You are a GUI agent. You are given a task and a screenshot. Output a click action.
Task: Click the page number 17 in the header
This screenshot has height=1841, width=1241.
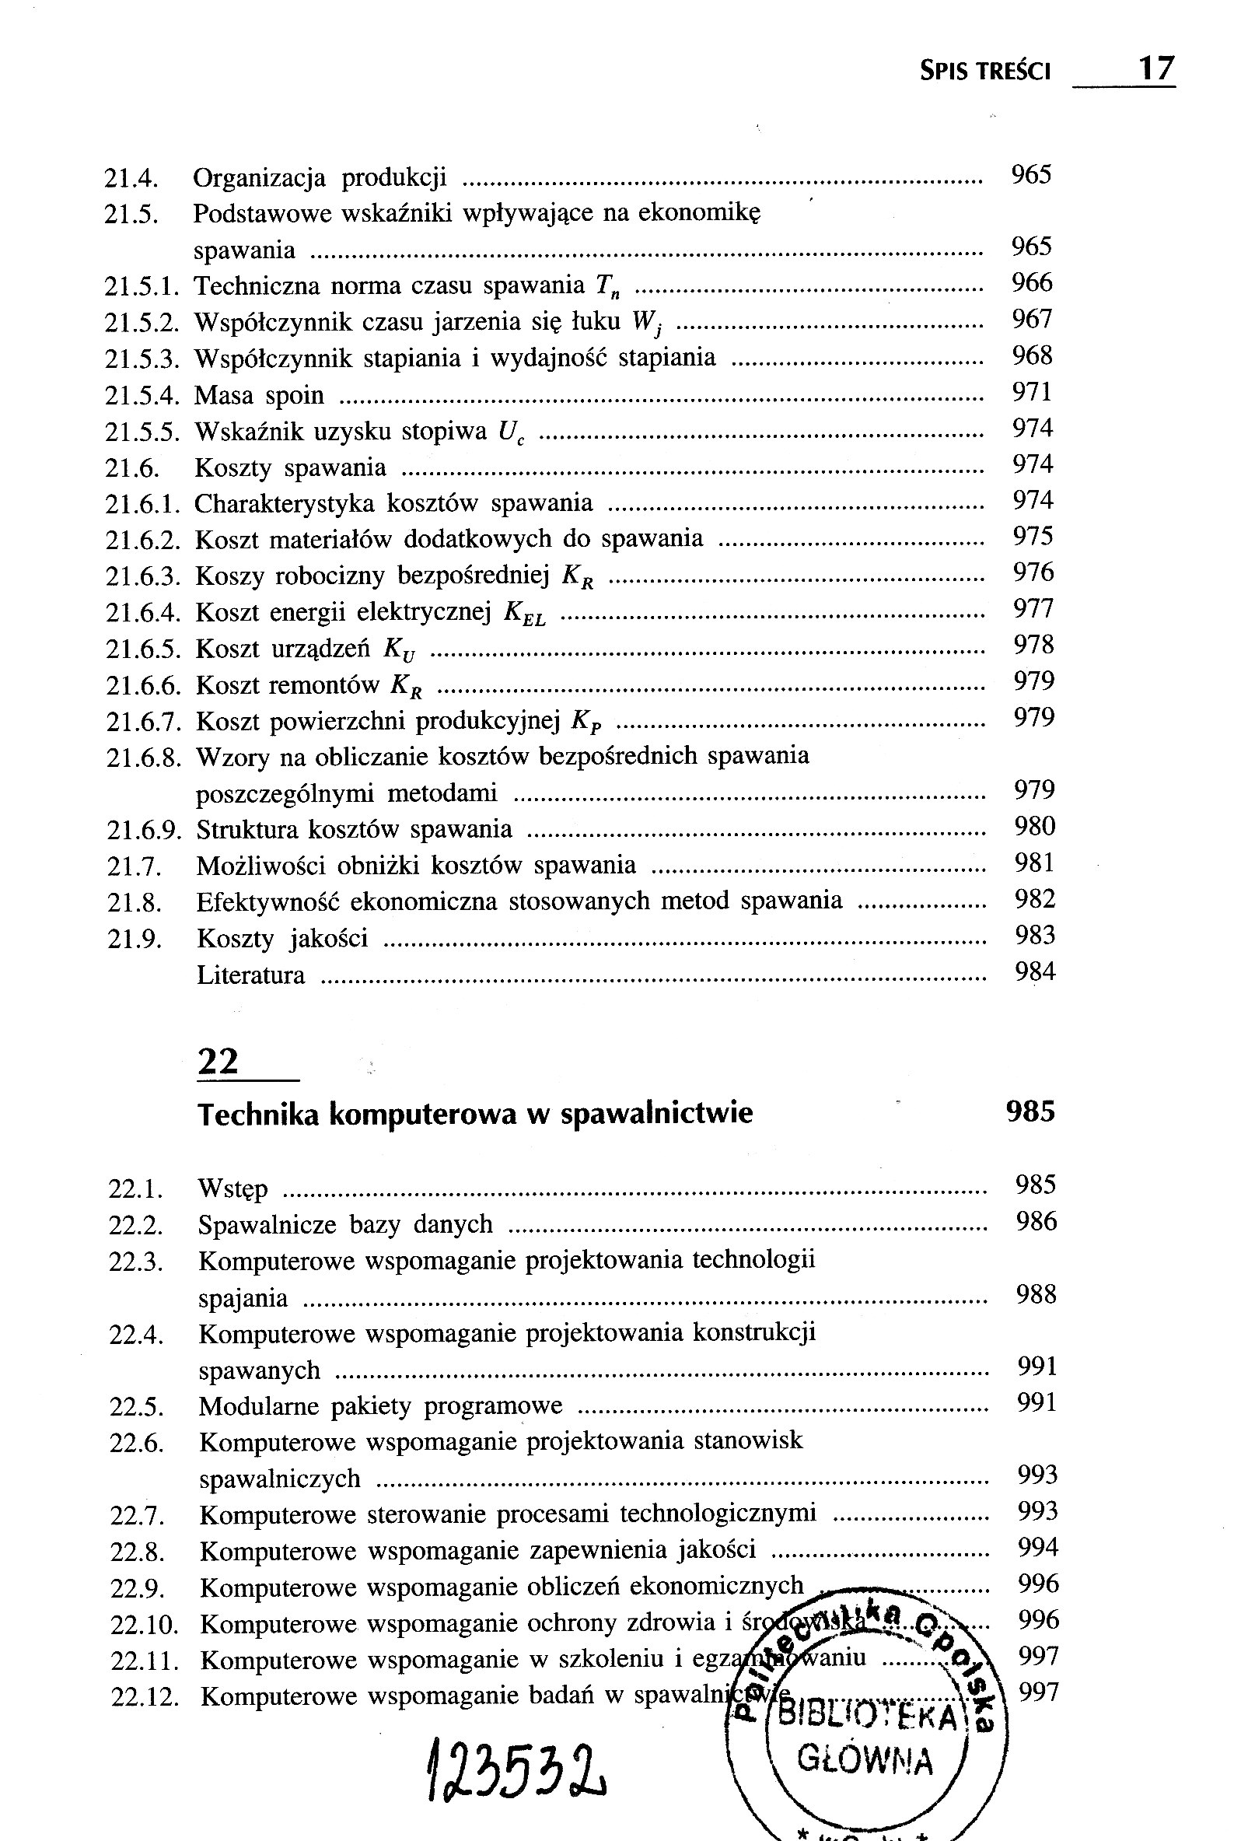click(x=1155, y=69)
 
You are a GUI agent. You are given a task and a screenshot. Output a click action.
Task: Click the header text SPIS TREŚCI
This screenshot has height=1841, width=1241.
click(x=984, y=72)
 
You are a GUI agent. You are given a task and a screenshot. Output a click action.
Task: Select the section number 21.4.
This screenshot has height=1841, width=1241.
click(x=131, y=178)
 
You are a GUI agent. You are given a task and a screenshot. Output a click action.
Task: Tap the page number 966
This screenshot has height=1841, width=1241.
click(x=1032, y=282)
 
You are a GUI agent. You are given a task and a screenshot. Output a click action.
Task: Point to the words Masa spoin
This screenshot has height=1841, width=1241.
click(x=259, y=395)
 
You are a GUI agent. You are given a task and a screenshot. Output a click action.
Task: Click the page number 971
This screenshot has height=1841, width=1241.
click(x=1032, y=392)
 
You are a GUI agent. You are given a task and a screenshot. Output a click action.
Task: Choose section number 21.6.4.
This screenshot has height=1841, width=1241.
click(x=144, y=613)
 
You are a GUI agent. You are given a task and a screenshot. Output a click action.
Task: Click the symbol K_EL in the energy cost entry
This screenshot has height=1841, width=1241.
click(x=525, y=614)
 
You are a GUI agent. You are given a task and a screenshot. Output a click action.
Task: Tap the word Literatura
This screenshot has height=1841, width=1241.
click(x=250, y=975)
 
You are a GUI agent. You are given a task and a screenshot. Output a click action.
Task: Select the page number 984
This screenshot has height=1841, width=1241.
click(x=1035, y=971)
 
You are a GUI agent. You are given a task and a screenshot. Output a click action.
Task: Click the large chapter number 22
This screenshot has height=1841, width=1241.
click(x=218, y=1062)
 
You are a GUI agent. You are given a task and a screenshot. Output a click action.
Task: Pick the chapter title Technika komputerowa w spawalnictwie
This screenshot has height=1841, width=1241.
click(x=475, y=1114)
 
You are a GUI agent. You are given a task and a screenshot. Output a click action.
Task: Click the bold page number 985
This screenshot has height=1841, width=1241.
click(x=1030, y=1112)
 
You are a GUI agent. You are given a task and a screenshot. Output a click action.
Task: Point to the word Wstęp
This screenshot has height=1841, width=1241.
click(x=232, y=1189)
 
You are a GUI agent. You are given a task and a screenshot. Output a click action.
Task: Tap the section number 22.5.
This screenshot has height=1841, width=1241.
click(x=135, y=1408)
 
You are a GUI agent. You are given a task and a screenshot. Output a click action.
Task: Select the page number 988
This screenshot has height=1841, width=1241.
click(x=1036, y=1295)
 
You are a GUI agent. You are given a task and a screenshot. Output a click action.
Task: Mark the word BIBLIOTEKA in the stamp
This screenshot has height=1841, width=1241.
click(x=868, y=1716)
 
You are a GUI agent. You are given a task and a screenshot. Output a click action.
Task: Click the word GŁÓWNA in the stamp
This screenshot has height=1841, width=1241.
click(x=865, y=1759)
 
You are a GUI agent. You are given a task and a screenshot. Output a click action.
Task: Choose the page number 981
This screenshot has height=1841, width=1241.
click(x=1034, y=863)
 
